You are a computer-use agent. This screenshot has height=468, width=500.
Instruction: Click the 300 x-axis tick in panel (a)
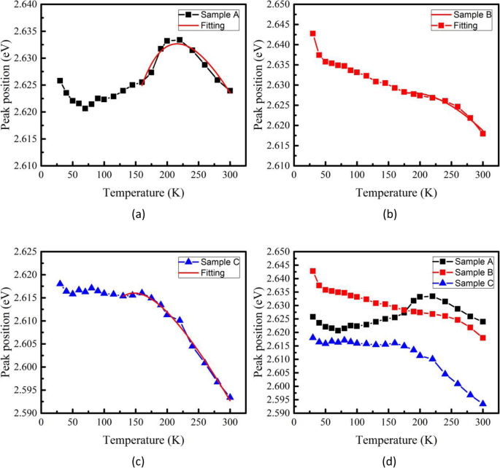230,175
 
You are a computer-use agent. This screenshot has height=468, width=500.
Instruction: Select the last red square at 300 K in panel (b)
482,133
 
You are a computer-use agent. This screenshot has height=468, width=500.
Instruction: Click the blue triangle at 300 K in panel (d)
482,403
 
